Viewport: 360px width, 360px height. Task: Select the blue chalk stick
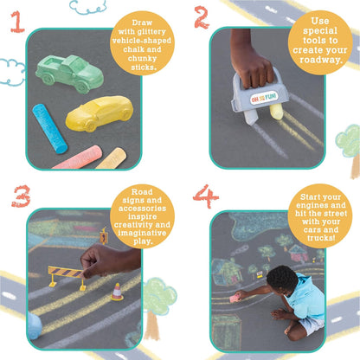(49, 127)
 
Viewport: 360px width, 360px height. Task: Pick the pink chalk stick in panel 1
(76, 157)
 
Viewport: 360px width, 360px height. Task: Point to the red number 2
(201, 16)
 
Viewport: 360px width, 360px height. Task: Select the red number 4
(205, 196)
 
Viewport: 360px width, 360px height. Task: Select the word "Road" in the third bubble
(143, 192)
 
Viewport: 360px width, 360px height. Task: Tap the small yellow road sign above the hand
(104, 235)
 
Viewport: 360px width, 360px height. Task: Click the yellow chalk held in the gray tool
(276, 112)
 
